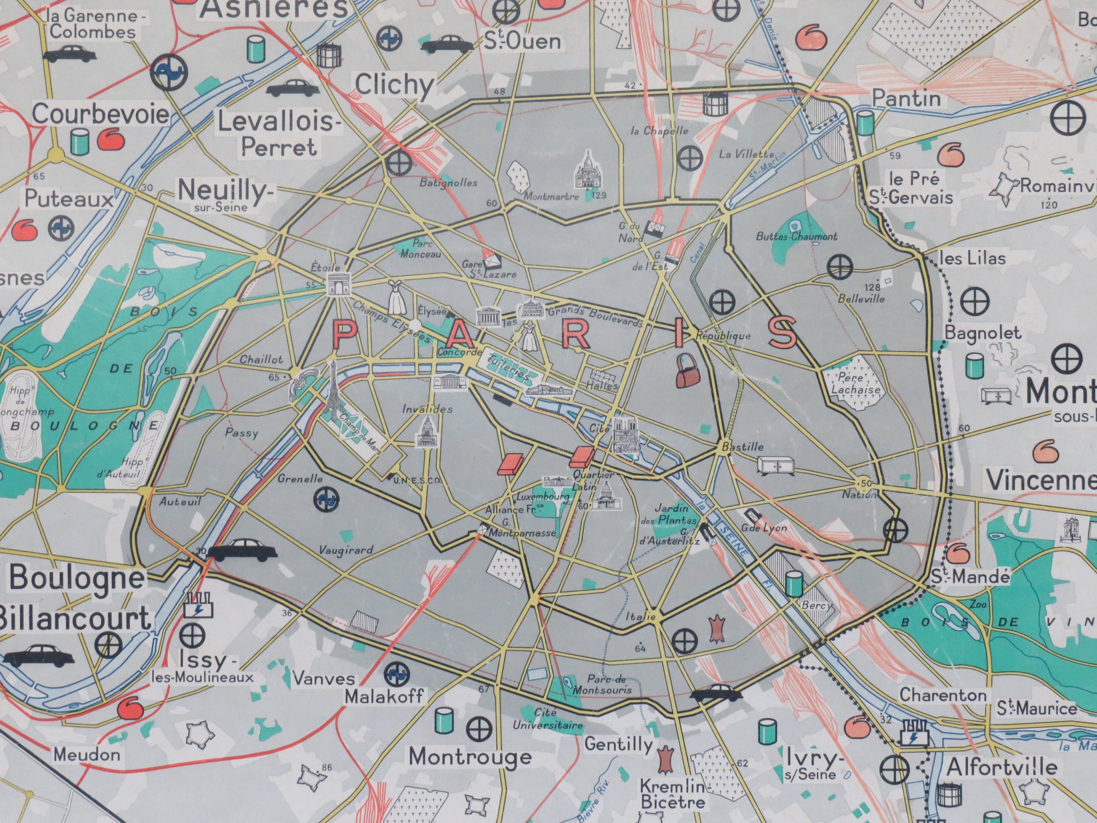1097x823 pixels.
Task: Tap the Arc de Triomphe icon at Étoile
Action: (338, 285)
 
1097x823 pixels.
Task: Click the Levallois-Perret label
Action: (279, 134)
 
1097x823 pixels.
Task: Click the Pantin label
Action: (906, 98)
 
